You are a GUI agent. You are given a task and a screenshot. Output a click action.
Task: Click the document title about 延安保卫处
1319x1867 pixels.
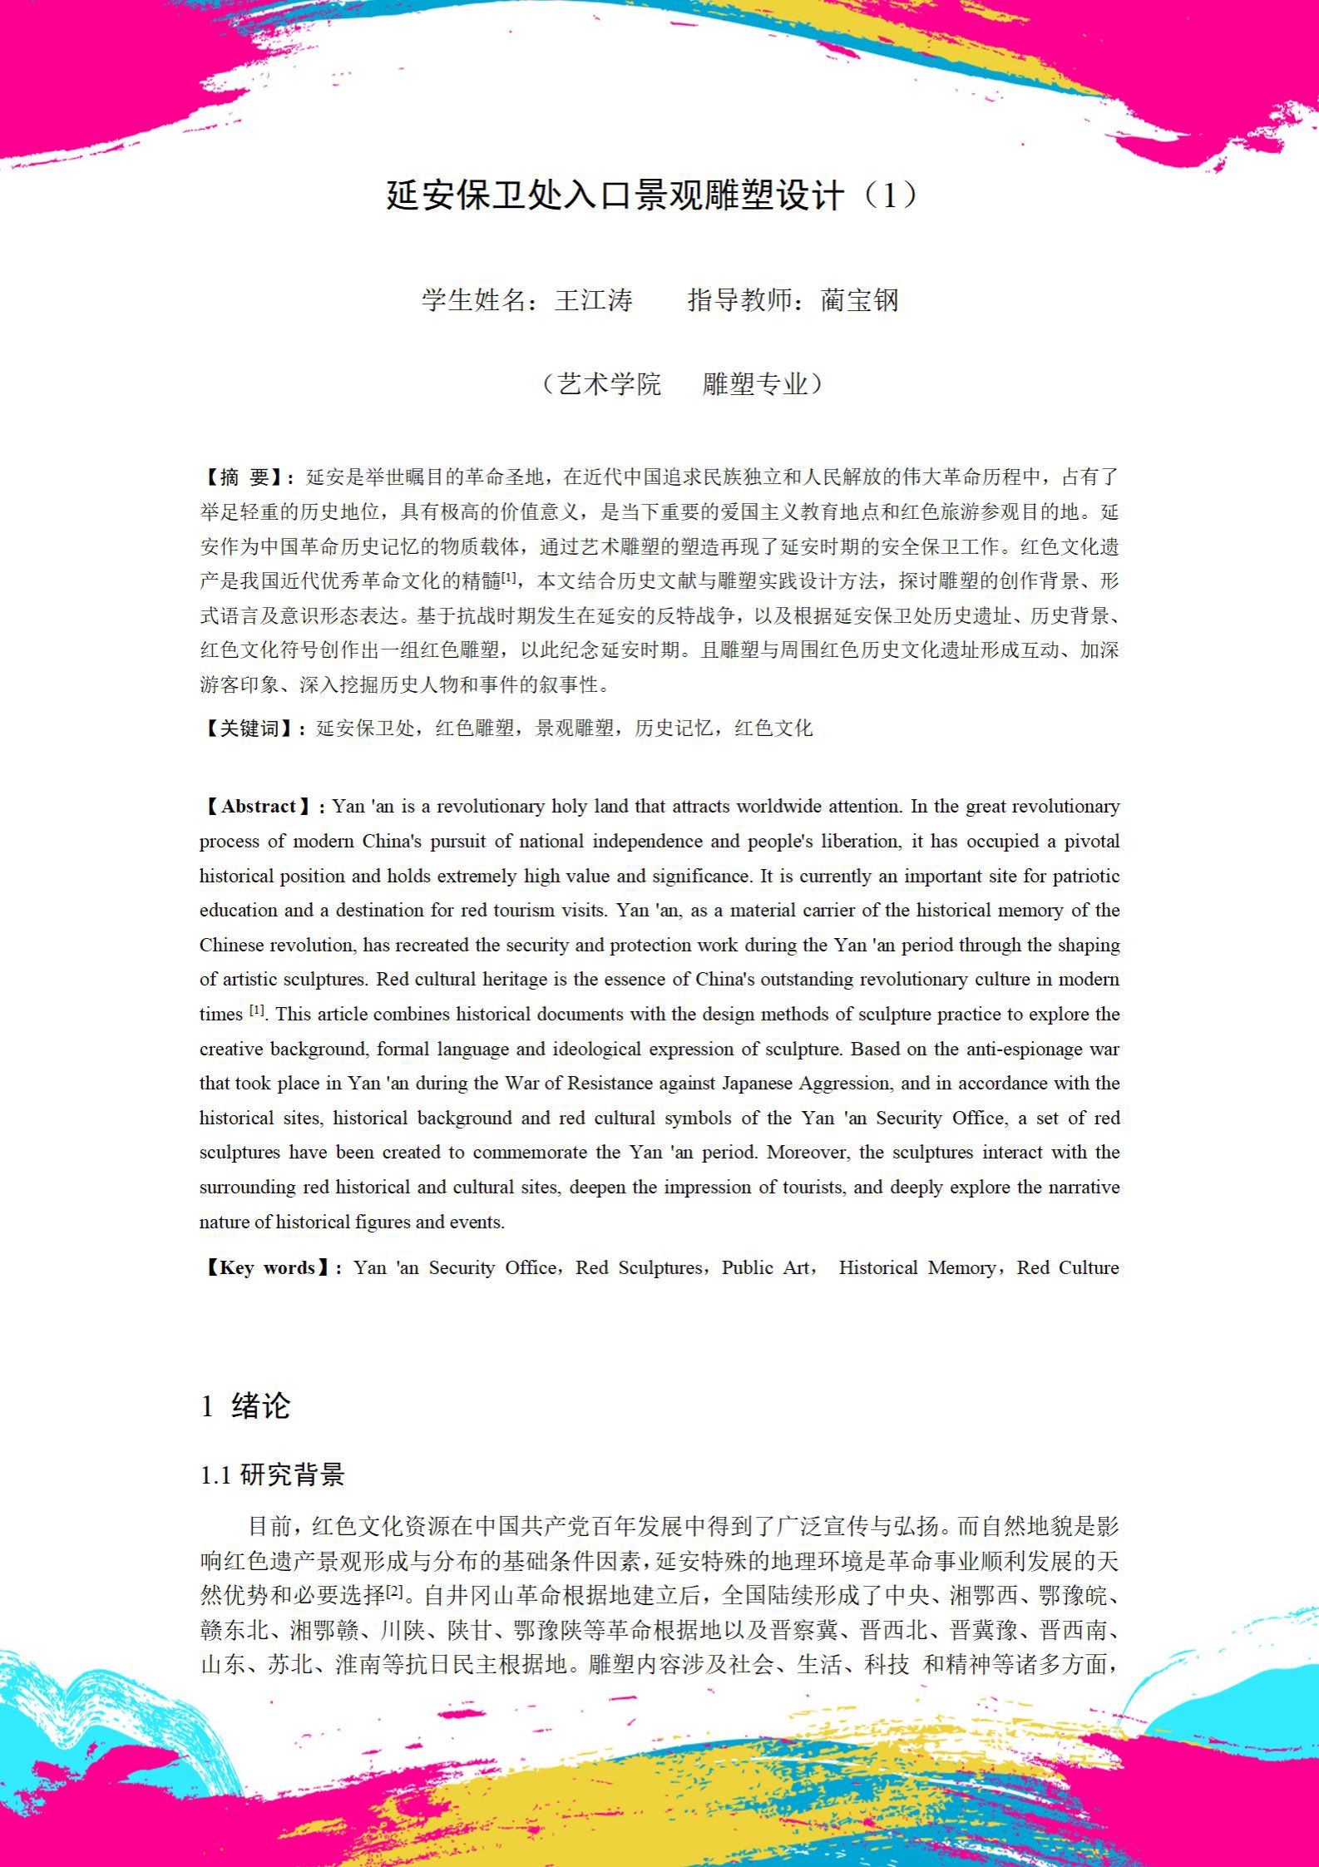tap(653, 196)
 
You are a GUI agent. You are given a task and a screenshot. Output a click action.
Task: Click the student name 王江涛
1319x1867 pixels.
tap(593, 300)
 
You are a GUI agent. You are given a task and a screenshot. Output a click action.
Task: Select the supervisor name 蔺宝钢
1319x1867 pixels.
tap(859, 300)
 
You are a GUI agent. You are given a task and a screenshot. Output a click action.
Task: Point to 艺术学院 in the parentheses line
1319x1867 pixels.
tap(610, 384)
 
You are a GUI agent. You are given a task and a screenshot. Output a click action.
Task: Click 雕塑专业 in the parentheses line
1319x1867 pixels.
tap(754, 384)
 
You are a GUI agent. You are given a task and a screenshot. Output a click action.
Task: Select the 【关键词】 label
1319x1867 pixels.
tap(250, 729)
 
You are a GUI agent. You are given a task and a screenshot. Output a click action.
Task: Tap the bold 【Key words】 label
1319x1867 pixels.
tap(268, 1267)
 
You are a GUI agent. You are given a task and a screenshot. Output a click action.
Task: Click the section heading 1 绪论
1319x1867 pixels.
tap(245, 1405)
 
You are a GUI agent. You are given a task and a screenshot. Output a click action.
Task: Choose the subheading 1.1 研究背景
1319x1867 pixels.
tap(272, 1475)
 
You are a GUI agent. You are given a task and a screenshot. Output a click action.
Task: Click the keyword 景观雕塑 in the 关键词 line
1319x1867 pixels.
tap(574, 729)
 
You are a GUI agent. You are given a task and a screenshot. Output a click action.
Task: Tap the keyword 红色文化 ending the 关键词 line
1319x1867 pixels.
tap(773, 729)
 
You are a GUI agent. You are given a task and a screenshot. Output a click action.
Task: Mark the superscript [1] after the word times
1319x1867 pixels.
tap(257, 1010)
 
